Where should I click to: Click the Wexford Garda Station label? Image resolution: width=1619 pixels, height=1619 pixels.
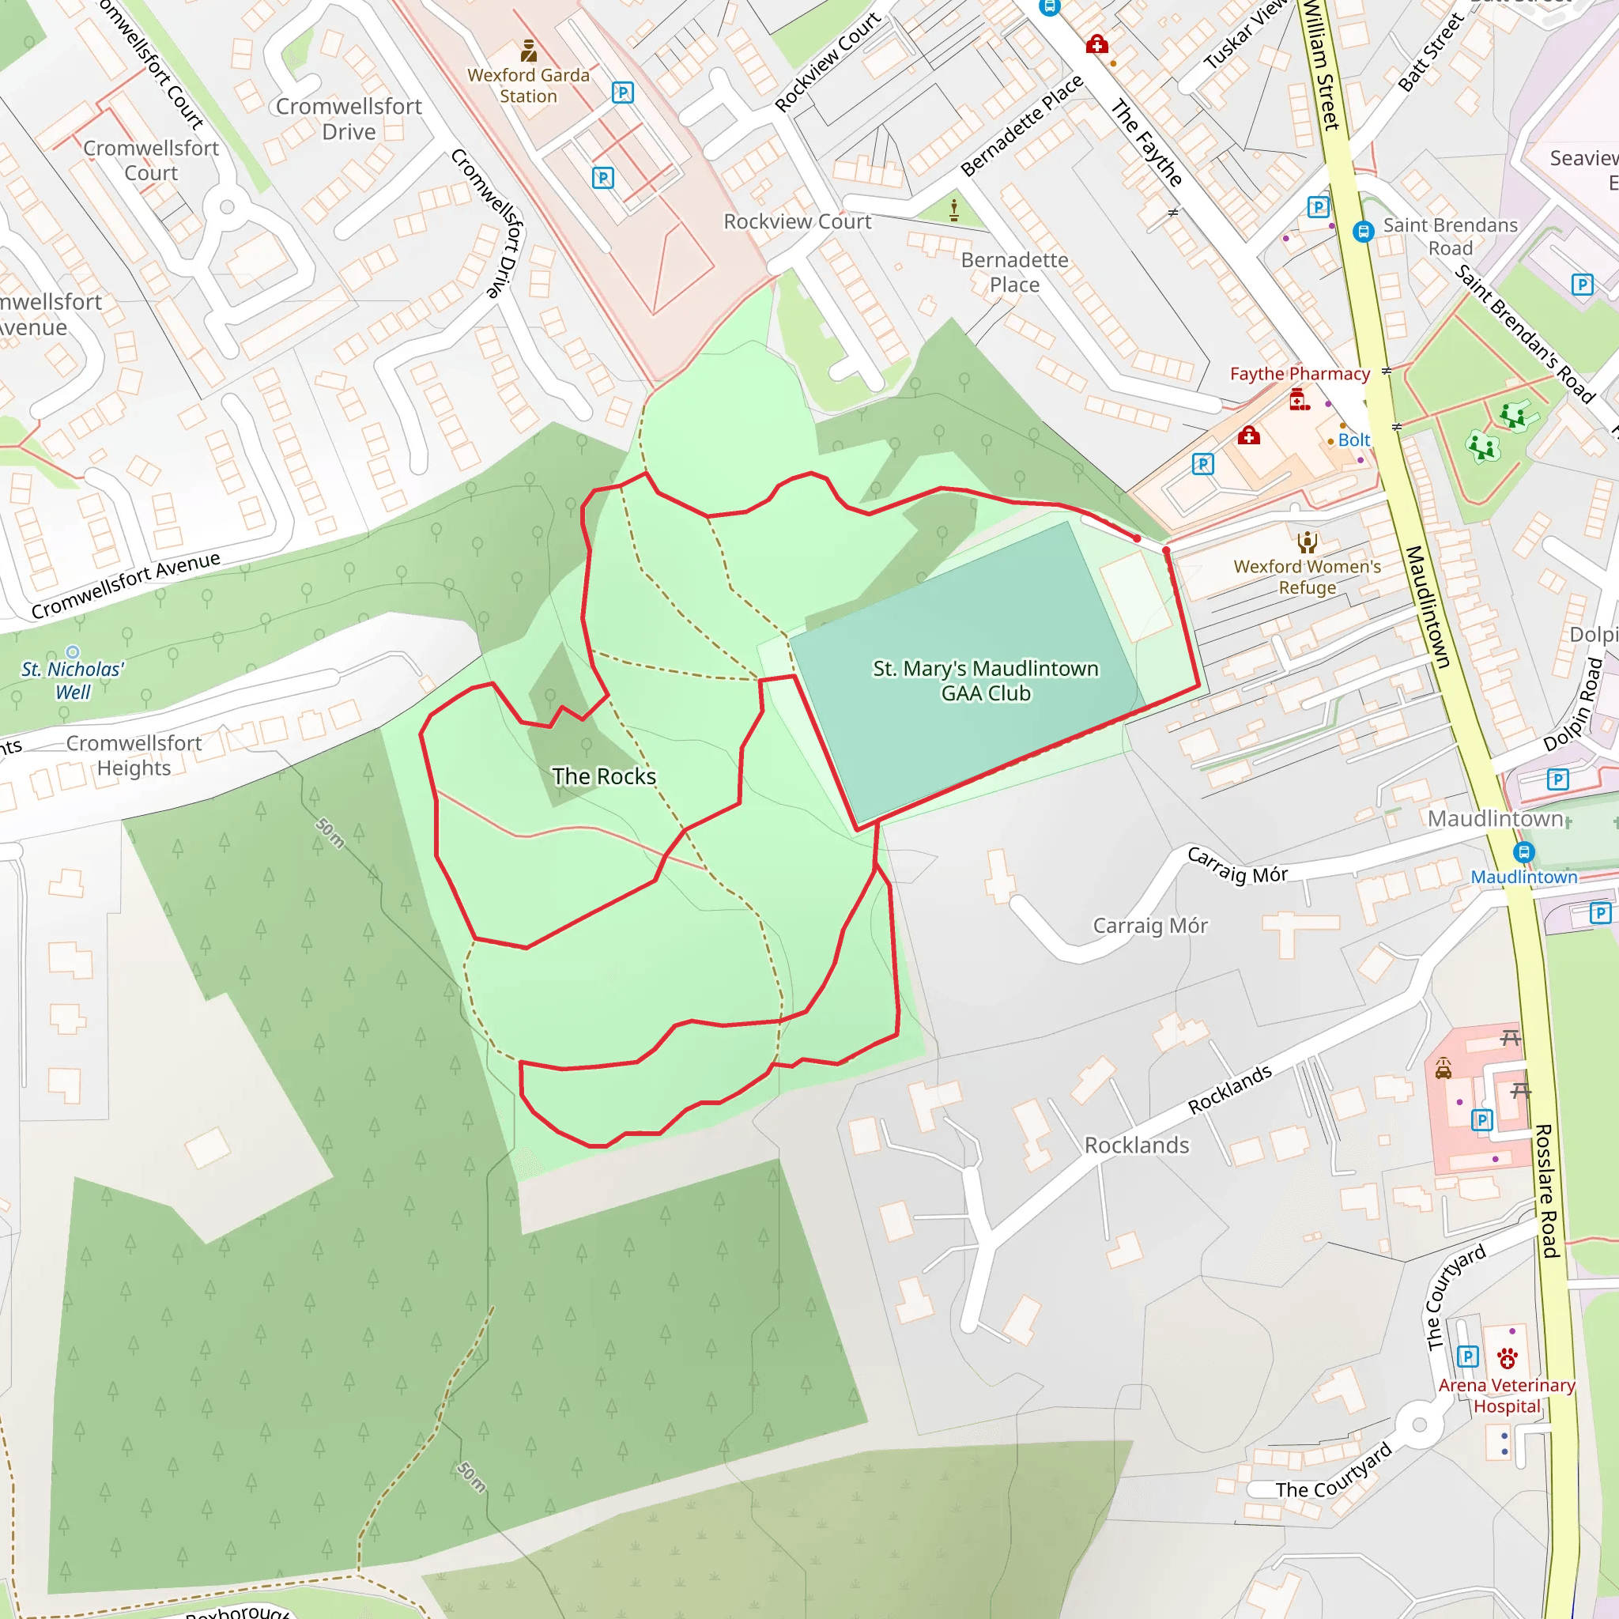528,85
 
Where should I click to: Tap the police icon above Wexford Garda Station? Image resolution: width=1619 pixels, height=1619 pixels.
529,51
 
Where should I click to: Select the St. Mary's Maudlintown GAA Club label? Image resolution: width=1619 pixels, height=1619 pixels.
986,681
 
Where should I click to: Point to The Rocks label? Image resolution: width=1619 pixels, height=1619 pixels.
604,776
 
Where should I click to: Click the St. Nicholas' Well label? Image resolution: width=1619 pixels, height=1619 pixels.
73,681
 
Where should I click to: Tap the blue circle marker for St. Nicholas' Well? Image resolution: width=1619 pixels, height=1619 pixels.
73,652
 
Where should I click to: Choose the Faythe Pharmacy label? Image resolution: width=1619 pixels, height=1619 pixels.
1300,374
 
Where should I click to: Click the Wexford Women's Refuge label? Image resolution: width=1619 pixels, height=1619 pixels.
1308,576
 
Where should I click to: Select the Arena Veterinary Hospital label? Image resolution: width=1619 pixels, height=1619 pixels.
1507,1395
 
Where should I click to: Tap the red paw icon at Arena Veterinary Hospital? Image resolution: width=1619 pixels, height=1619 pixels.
1508,1357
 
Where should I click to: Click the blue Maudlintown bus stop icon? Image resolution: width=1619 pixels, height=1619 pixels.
1523,852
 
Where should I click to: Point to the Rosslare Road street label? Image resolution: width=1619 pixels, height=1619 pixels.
1546,1191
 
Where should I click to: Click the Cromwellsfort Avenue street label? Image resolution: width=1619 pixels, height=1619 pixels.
126,584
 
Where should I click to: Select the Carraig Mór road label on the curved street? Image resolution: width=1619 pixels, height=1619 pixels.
1238,866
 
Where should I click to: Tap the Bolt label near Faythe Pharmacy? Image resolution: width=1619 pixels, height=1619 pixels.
1353,440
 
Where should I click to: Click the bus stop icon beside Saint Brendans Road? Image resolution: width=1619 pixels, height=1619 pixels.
1364,232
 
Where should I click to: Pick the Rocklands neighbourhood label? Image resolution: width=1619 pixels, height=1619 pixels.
1136,1145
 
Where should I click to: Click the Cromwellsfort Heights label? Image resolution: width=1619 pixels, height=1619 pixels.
134,755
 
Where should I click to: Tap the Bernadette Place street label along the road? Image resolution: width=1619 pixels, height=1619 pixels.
1021,126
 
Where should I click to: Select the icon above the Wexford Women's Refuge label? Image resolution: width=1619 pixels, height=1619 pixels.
1308,542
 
